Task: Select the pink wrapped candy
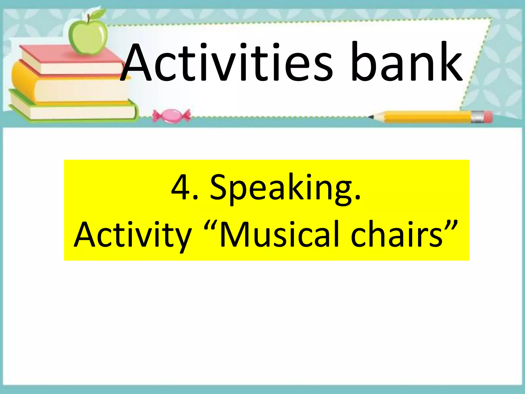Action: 171,116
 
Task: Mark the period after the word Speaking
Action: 358,198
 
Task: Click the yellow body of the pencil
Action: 426,117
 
